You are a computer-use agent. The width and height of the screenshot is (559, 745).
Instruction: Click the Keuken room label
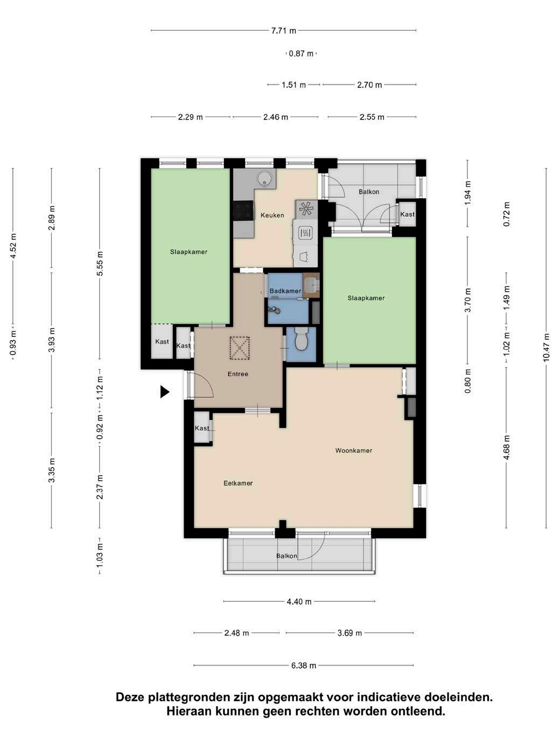tap(272, 215)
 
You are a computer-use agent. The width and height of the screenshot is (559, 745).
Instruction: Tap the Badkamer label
tap(285, 291)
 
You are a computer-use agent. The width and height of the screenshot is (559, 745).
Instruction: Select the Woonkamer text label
tap(353, 451)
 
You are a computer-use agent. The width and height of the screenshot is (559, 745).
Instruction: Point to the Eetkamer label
tap(238, 483)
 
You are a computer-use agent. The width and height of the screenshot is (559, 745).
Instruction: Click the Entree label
tap(238, 374)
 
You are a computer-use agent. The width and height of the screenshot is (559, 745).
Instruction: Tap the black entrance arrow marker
tap(165, 392)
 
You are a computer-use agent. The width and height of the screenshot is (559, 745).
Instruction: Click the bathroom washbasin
tap(311, 284)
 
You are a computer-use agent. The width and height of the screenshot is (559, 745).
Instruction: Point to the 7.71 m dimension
tap(283, 31)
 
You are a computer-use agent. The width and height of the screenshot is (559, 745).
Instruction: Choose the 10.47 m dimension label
tap(546, 348)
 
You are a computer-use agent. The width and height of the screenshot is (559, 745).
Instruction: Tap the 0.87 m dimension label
tap(301, 53)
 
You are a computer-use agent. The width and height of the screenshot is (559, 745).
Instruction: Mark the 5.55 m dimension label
tap(100, 263)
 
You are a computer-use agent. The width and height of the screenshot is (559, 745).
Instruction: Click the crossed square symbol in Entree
tap(240, 348)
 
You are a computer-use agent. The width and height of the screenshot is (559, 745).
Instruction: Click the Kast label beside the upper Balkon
tap(407, 214)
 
